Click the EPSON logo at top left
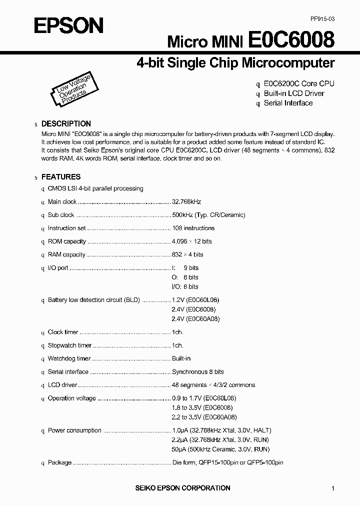coord(68,25)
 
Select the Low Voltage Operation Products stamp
coord(70,90)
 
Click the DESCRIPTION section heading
coord(66,123)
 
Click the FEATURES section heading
coord(60,176)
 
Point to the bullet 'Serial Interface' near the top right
coord(288,103)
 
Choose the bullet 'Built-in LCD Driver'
coord(294,93)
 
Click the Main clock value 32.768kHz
coord(186,202)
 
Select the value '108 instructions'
coord(193,228)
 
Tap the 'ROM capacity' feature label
coord(66,241)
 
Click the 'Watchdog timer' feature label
coord(69,358)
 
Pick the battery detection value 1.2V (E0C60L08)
coord(195,300)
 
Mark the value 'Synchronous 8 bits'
coord(197,372)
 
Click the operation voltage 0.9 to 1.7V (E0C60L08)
coord(203,398)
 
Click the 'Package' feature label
coord(59,462)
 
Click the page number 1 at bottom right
coord(333,488)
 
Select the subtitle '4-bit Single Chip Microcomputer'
coord(235,63)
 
